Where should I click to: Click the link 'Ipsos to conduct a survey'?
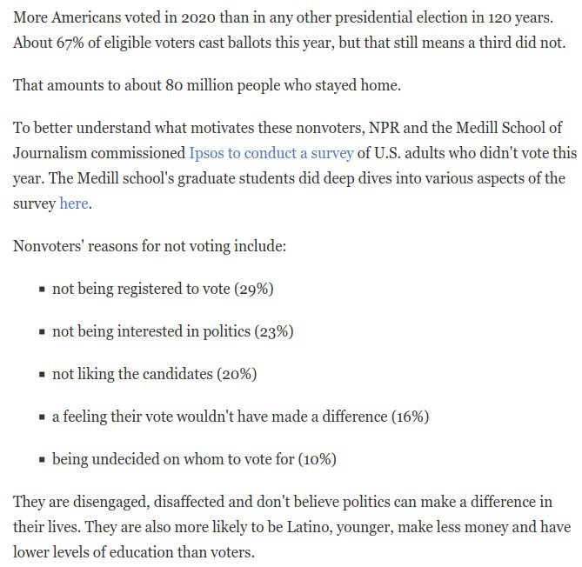pyautogui.click(x=271, y=153)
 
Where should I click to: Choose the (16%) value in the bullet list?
pyautogui.click(x=410, y=417)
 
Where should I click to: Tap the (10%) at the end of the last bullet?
pyautogui.click(x=318, y=459)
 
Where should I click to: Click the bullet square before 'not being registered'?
pyautogui.click(x=42, y=290)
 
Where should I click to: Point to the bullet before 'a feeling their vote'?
pyautogui.click(x=42, y=417)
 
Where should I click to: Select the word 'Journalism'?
pyautogui.click(x=53, y=153)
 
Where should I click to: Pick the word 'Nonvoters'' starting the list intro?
pyautogui.click(x=48, y=246)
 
